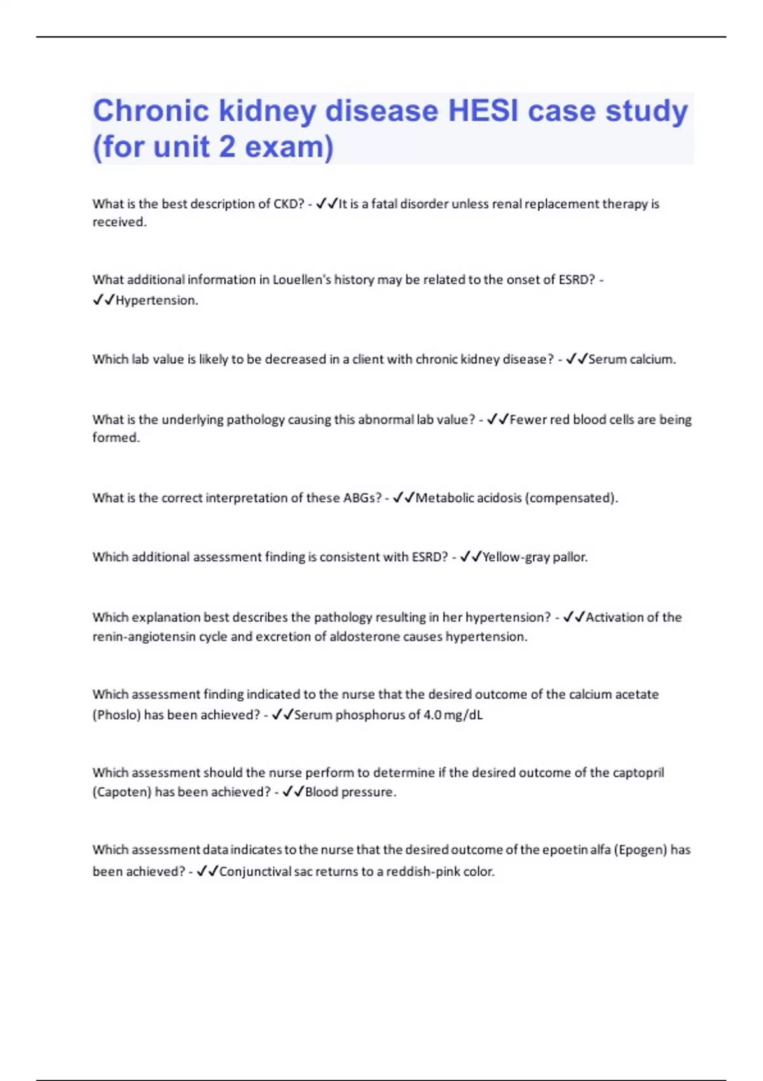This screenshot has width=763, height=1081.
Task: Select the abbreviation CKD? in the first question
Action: click(x=289, y=204)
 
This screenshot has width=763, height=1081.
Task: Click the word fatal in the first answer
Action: click(x=384, y=204)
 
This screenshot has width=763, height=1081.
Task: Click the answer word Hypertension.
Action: click(x=156, y=301)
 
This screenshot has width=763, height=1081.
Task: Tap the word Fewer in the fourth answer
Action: click(x=528, y=420)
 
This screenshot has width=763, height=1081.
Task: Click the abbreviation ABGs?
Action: click(x=362, y=498)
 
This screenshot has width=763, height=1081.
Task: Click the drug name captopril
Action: click(x=638, y=773)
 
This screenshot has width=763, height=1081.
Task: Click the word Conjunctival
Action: click(x=255, y=872)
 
